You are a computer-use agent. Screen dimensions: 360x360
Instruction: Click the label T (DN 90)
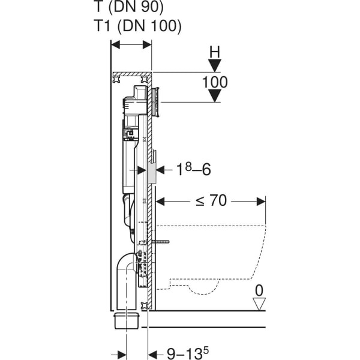(129, 7)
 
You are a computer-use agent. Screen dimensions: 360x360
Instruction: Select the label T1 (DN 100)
(138, 25)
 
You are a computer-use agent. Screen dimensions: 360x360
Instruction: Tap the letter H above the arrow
(215, 52)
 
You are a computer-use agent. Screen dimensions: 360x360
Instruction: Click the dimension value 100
(215, 82)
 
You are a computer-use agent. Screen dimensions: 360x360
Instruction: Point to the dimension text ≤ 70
(211, 200)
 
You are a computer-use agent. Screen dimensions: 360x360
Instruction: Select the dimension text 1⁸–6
(193, 169)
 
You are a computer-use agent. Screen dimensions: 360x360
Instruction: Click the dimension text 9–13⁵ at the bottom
(188, 353)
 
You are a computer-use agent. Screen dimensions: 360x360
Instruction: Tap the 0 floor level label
(259, 290)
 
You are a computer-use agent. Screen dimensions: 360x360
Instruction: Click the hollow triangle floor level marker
(259, 304)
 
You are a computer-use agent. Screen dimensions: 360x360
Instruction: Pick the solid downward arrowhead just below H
(215, 65)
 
